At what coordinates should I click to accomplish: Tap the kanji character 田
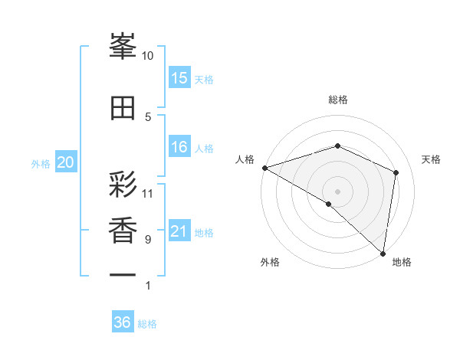(x=123, y=108)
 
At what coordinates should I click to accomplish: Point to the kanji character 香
(x=123, y=230)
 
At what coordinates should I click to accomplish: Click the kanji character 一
(x=123, y=273)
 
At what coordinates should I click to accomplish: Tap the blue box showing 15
(x=179, y=78)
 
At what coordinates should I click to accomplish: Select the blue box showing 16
(x=179, y=148)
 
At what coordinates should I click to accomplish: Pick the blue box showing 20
(x=66, y=162)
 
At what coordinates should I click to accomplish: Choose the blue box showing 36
(x=123, y=322)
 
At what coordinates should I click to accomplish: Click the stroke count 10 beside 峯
(x=148, y=56)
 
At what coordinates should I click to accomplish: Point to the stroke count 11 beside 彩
(x=148, y=193)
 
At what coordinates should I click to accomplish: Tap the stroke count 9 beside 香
(x=148, y=240)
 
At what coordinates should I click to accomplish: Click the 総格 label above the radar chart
(x=337, y=100)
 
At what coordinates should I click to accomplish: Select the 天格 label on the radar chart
(x=432, y=159)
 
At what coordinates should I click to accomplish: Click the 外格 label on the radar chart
(x=270, y=262)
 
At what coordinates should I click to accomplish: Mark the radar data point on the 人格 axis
(x=264, y=168)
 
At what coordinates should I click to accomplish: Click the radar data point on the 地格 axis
(x=382, y=252)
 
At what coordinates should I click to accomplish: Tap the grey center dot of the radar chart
(x=337, y=191)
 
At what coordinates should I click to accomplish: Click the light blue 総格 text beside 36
(x=147, y=324)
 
